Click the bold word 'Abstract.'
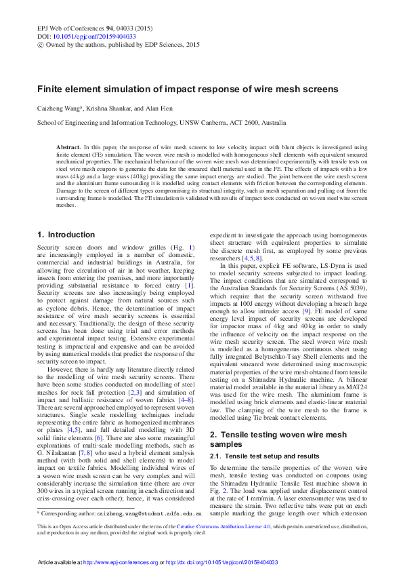click(68, 146)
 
